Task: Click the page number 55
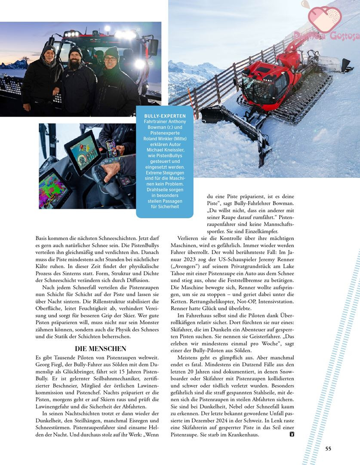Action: [x=328, y=448]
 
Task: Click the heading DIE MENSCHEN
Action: [x=101, y=348]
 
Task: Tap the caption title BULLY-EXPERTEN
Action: [x=165, y=116]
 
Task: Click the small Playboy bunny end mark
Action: [x=292, y=434]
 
